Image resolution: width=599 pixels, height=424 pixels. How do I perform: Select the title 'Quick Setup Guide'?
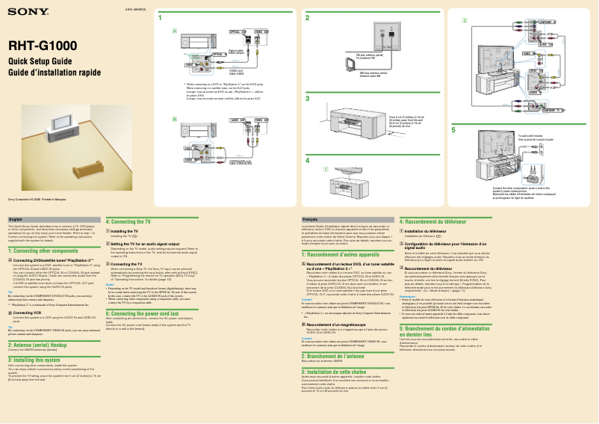click(40, 61)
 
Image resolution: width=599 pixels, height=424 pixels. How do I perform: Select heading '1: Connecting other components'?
click(49, 251)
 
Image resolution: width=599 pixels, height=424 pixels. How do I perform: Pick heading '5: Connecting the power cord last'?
click(152, 314)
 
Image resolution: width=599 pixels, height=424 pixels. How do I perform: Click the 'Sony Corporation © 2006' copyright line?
click(37, 200)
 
